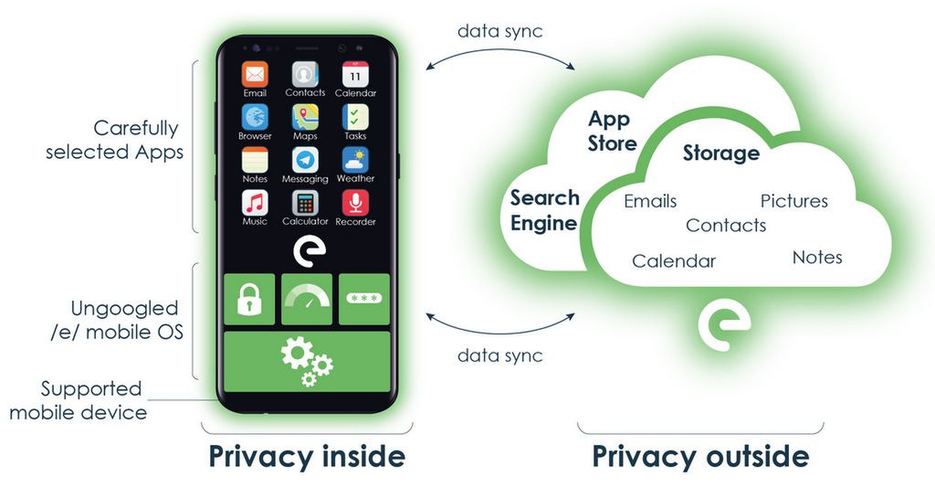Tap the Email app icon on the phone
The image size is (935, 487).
(x=255, y=74)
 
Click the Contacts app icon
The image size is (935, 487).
(x=305, y=74)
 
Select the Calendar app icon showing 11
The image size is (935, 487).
(x=355, y=74)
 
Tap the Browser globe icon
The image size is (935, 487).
(x=255, y=117)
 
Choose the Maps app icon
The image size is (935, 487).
(x=305, y=117)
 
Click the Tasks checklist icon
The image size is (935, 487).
(x=355, y=117)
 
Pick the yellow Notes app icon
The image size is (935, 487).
(x=255, y=160)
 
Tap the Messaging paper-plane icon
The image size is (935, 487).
(x=305, y=160)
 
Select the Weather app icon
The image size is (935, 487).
(x=355, y=160)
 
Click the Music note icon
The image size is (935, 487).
(x=255, y=203)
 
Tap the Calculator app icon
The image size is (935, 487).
(x=305, y=203)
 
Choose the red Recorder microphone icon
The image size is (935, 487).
(x=355, y=203)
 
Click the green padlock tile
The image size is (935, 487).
(x=249, y=299)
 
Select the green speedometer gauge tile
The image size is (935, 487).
(x=307, y=299)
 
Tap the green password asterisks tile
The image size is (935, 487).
(x=364, y=299)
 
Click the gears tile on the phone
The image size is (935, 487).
(x=307, y=361)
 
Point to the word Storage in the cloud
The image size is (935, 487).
(x=721, y=153)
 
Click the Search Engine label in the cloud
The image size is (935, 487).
(x=544, y=210)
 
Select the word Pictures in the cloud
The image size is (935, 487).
(x=794, y=201)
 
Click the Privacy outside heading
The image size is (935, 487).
(x=700, y=456)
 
